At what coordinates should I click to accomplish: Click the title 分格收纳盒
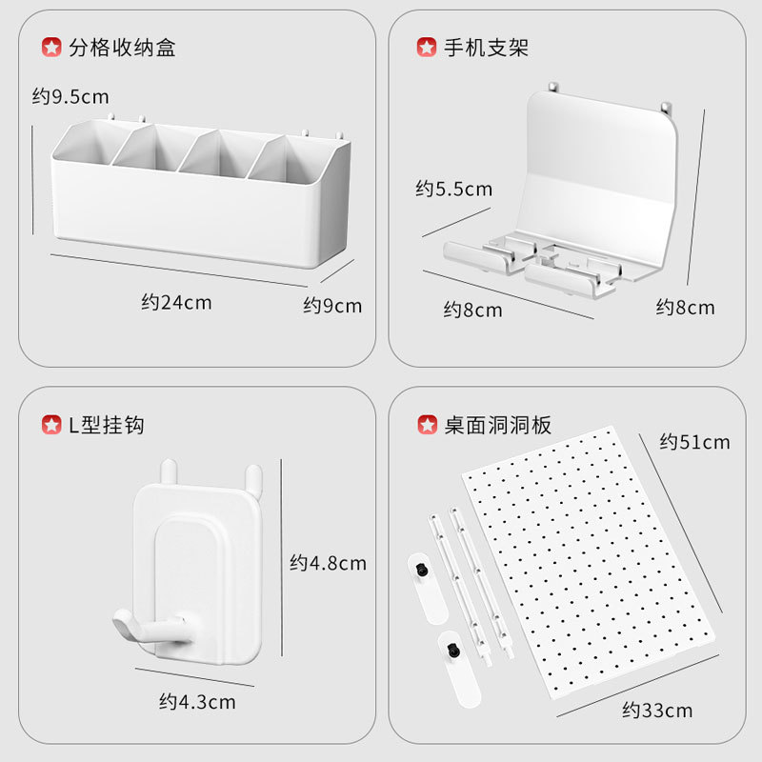pyautogui.click(x=122, y=48)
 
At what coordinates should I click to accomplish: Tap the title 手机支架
pyautogui.click(x=486, y=48)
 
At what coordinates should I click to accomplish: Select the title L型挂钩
pyautogui.click(x=107, y=425)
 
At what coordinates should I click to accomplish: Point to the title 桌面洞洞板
pyautogui.click(x=497, y=425)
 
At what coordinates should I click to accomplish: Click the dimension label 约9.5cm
pyautogui.click(x=70, y=96)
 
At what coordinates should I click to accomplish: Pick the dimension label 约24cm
pyautogui.click(x=176, y=303)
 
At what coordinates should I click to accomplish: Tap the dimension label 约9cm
pyautogui.click(x=332, y=306)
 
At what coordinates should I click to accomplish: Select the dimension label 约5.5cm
pyautogui.click(x=453, y=190)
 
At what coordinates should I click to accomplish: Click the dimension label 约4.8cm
pyautogui.click(x=328, y=563)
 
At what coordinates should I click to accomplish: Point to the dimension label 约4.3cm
pyautogui.click(x=196, y=703)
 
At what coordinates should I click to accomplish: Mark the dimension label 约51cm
pyautogui.click(x=694, y=442)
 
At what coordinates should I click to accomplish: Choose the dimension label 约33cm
pyautogui.click(x=657, y=711)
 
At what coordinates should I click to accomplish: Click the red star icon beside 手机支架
pyautogui.click(x=427, y=48)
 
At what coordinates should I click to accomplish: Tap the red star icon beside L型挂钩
pyautogui.click(x=50, y=425)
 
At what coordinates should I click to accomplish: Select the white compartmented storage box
pyautogui.click(x=200, y=195)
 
